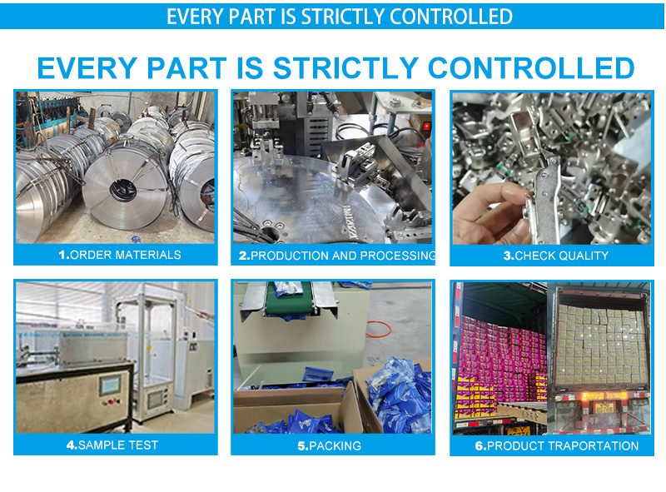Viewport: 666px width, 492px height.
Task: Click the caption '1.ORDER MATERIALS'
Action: click(120, 255)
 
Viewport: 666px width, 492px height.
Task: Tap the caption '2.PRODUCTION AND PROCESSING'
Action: click(337, 256)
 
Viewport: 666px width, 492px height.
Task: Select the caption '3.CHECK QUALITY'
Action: click(555, 256)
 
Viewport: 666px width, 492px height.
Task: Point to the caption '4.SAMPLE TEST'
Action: click(112, 445)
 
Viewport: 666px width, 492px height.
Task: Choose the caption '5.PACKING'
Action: click(329, 446)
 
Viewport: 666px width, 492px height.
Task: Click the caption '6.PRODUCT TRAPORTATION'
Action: click(556, 446)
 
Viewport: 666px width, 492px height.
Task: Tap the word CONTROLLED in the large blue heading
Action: click(531, 68)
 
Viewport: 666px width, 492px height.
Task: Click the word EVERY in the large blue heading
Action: click(87, 68)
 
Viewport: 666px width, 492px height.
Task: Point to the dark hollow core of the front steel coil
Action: click(123, 190)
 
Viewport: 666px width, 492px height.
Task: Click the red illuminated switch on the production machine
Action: click(426, 127)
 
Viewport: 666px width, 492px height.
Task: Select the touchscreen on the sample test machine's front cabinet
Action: click(110, 385)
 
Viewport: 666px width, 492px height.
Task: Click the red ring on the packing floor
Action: click(378, 330)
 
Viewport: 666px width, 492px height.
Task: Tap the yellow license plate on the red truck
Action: click(604, 408)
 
